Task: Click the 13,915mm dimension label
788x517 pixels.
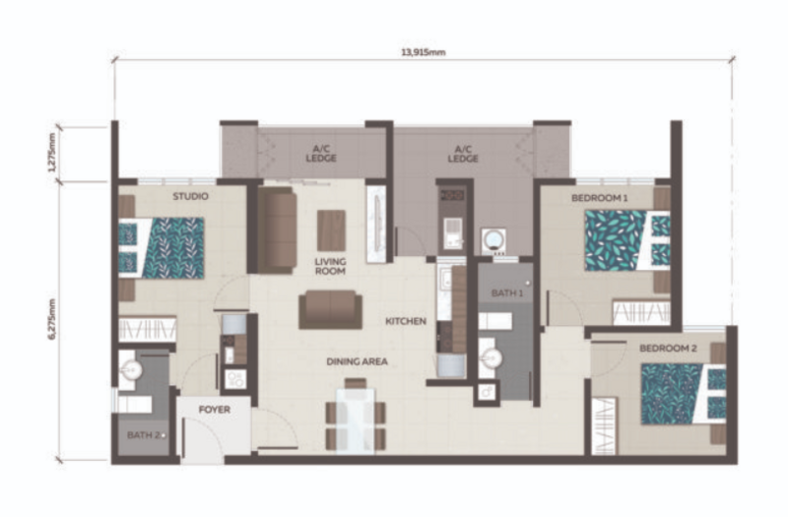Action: click(x=423, y=52)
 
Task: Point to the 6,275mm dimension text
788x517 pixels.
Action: click(x=52, y=319)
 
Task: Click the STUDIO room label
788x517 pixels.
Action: click(x=190, y=196)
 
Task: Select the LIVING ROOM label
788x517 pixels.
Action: click(x=330, y=266)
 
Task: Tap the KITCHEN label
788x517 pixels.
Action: click(x=406, y=321)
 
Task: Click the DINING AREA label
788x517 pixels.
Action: click(x=357, y=361)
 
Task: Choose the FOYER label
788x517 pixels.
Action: click(x=215, y=410)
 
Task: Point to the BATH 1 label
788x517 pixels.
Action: click(x=507, y=292)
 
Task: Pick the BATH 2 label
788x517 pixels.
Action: click(x=144, y=435)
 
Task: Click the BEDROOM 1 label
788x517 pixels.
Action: click(x=599, y=198)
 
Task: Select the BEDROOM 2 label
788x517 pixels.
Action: click(x=668, y=349)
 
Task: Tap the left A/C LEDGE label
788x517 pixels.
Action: click(x=321, y=154)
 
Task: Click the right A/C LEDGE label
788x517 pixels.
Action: click(x=463, y=154)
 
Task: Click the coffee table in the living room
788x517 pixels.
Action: click(x=331, y=230)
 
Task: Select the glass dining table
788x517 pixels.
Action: click(x=356, y=420)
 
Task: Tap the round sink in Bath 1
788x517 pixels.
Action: click(x=490, y=358)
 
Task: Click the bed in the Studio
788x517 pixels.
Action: click(x=162, y=248)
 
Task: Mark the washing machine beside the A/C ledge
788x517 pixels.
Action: click(x=493, y=240)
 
